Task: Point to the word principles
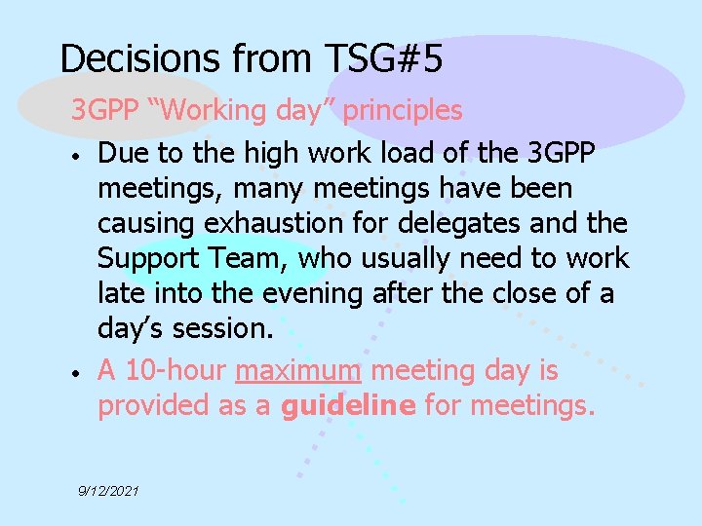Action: [x=404, y=111]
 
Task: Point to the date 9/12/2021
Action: [x=109, y=492]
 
